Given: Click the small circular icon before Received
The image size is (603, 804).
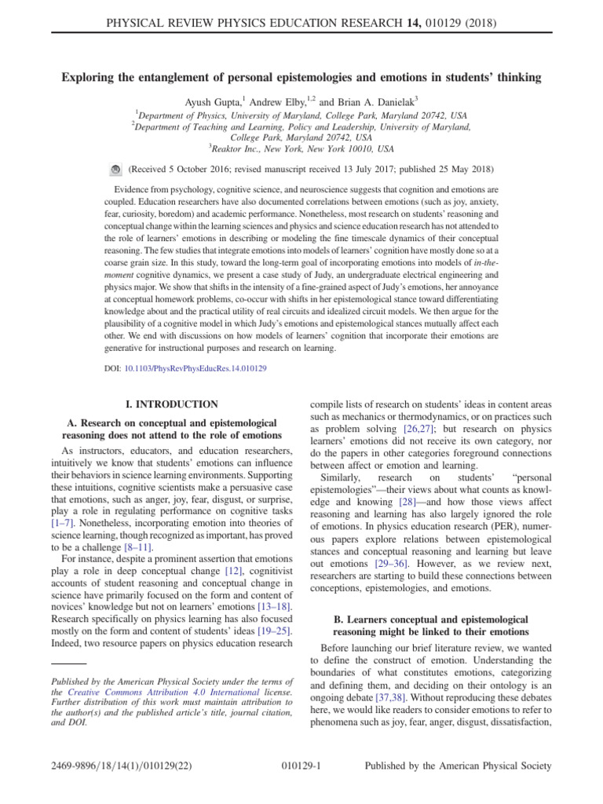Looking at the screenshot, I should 114,169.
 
